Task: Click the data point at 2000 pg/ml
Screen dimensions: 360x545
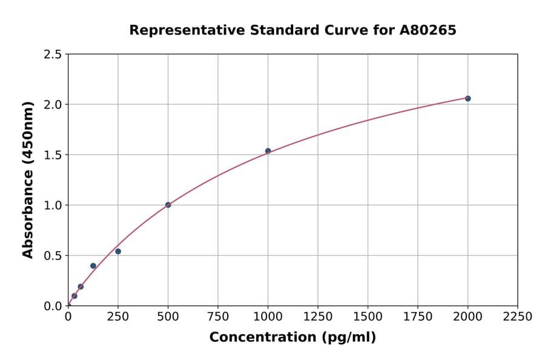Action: click(467, 98)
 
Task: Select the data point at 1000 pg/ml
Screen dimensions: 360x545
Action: click(268, 151)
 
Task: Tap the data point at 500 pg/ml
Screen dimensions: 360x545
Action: click(168, 205)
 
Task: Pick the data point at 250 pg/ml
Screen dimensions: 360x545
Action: click(118, 252)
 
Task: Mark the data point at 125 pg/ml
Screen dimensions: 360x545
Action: click(93, 265)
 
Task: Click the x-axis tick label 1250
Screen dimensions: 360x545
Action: click(318, 316)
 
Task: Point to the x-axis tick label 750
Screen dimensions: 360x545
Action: click(218, 316)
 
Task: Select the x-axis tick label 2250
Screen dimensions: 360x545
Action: click(518, 316)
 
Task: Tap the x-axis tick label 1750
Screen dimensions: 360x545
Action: click(418, 316)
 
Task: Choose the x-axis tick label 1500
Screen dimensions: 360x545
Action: click(368, 316)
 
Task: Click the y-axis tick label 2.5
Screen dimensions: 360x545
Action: click(53, 55)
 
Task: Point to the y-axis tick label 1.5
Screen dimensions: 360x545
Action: click(53, 155)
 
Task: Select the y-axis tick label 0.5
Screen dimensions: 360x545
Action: click(53, 256)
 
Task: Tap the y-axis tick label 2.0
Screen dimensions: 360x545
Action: click(53, 105)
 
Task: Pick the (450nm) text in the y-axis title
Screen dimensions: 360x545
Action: click(28, 134)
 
